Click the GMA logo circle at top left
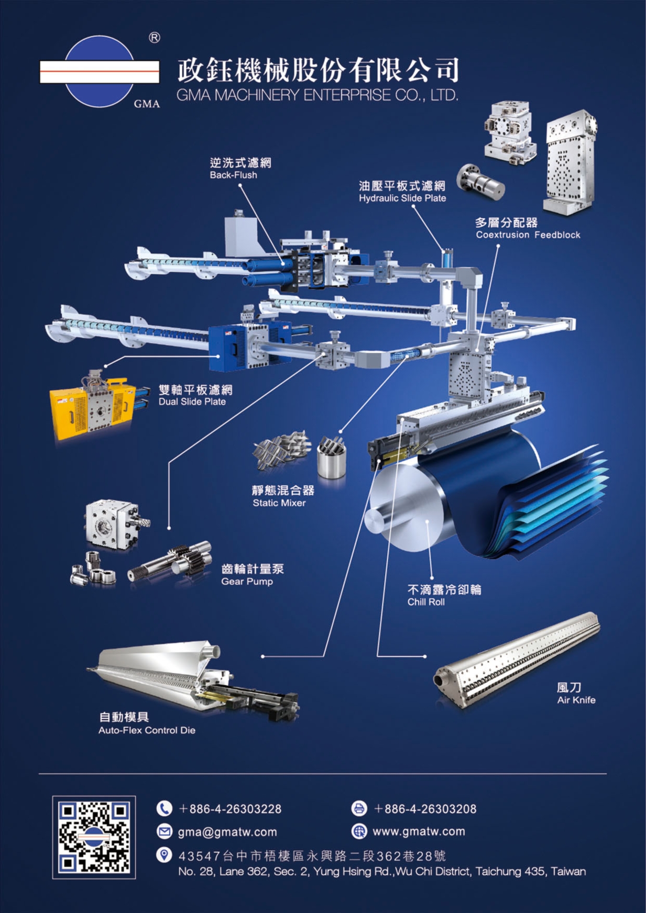click(100, 72)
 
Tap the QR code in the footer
click(94, 837)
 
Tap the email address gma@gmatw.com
click(227, 832)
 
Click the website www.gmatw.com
click(419, 831)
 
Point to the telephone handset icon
click(165, 808)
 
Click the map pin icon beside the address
click(164, 855)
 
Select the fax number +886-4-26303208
click(425, 809)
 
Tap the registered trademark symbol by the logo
click(155, 38)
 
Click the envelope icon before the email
click(165, 831)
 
